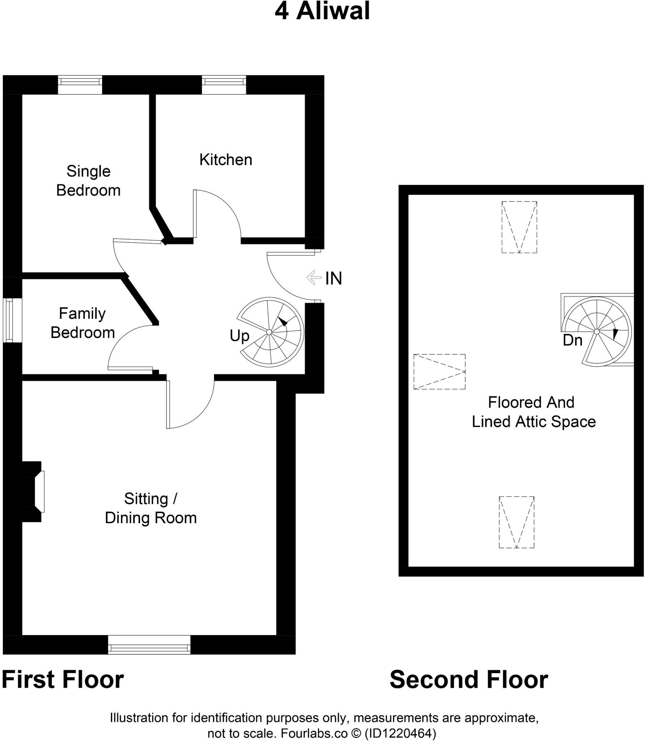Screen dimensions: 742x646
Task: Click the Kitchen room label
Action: (x=226, y=160)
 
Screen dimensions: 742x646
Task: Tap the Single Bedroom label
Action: (x=88, y=181)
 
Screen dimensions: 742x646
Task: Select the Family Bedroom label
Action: (x=83, y=323)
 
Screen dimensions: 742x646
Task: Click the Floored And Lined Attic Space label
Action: (x=533, y=412)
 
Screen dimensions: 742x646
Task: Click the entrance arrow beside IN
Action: (x=314, y=278)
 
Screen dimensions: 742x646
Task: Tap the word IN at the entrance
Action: (x=334, y=278)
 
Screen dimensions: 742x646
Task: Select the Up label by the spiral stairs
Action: (x=239, y=336)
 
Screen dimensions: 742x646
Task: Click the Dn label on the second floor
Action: (x=572, y=340)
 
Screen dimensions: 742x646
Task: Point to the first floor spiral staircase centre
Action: (x=269, y=332)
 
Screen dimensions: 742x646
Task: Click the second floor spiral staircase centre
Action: (x=597, y=331)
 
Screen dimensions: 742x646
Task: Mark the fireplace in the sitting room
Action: (x=36, y=491)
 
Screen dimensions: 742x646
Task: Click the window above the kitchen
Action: (x=224, y=84)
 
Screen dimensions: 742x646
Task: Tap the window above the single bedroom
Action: (x=80, y=84)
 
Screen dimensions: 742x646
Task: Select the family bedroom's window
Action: (x=12, y=320)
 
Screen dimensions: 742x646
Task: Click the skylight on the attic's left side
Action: (x=439, y=372)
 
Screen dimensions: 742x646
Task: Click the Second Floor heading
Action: (x=469, y=680)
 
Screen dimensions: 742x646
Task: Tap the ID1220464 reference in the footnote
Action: (x=400, y=733)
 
